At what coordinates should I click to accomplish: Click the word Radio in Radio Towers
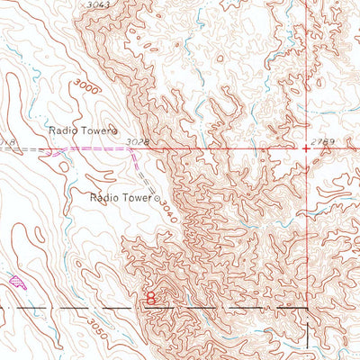coord(65,130)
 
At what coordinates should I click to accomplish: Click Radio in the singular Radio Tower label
coord(105,194)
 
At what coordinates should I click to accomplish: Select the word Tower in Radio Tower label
coord(137,194)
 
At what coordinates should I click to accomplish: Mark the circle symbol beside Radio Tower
coord(156,194)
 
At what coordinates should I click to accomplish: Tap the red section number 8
coord(151,295)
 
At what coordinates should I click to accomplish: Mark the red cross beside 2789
coord(307,145)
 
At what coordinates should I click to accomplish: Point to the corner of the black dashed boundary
coord(308,308)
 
